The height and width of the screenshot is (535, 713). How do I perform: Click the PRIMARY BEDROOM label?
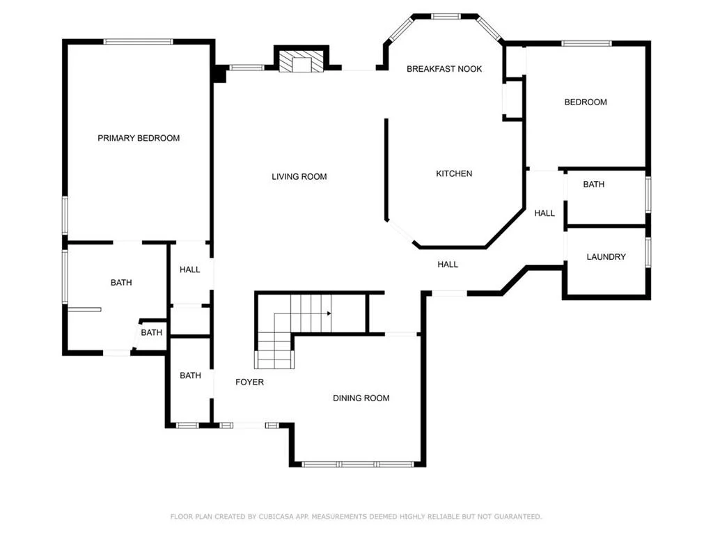[139, 138]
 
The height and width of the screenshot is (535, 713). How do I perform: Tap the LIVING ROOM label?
[299, 176]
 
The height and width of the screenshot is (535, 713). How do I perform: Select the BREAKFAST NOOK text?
[444, 69]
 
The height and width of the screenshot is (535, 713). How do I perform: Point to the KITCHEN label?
[454, 173]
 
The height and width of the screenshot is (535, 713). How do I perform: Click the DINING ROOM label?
[361, 398]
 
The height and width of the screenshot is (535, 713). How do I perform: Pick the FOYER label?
[250, 382]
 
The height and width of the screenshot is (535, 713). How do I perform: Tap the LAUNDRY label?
[606, 256]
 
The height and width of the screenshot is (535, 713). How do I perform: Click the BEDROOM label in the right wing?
[586, 102]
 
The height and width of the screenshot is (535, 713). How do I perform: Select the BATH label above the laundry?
[594, 184]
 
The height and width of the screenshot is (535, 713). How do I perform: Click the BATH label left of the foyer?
[190, 375]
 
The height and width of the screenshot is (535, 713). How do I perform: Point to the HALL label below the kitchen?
[448, 264]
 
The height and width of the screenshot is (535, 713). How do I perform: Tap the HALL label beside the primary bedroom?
[189, 270]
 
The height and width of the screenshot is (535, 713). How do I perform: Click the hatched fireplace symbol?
[301, 61]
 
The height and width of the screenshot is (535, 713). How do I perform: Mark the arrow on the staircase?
[302, 313]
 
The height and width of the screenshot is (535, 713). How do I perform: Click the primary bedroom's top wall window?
[139, 41]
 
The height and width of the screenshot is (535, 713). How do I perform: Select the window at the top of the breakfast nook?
[446, 17]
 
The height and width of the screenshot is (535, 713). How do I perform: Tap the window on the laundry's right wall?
[648, 251]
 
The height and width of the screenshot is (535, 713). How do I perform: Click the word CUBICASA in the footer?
[276, 516]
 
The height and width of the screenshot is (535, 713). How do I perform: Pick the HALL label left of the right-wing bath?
[544, 213]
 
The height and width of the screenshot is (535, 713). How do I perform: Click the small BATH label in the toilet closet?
[151, 332]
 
